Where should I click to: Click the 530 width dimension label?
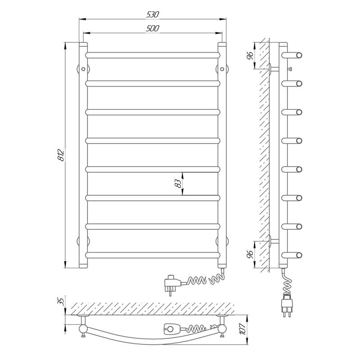[x=153, y=14]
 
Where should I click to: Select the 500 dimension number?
[x=153, y=28]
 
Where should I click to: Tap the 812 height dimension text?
[x=61, y=155]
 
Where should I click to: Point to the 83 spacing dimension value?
[x=178, y=184]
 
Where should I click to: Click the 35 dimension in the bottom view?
[x=60, y=301]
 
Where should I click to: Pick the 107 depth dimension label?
[x=243, y=329]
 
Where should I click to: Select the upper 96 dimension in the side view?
[x=250, y=55]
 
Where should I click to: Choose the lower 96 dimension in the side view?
[x=250, y=254]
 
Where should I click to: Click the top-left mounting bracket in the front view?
[x=83, y=69]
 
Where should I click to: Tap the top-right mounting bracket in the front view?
[x=222, y=69]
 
